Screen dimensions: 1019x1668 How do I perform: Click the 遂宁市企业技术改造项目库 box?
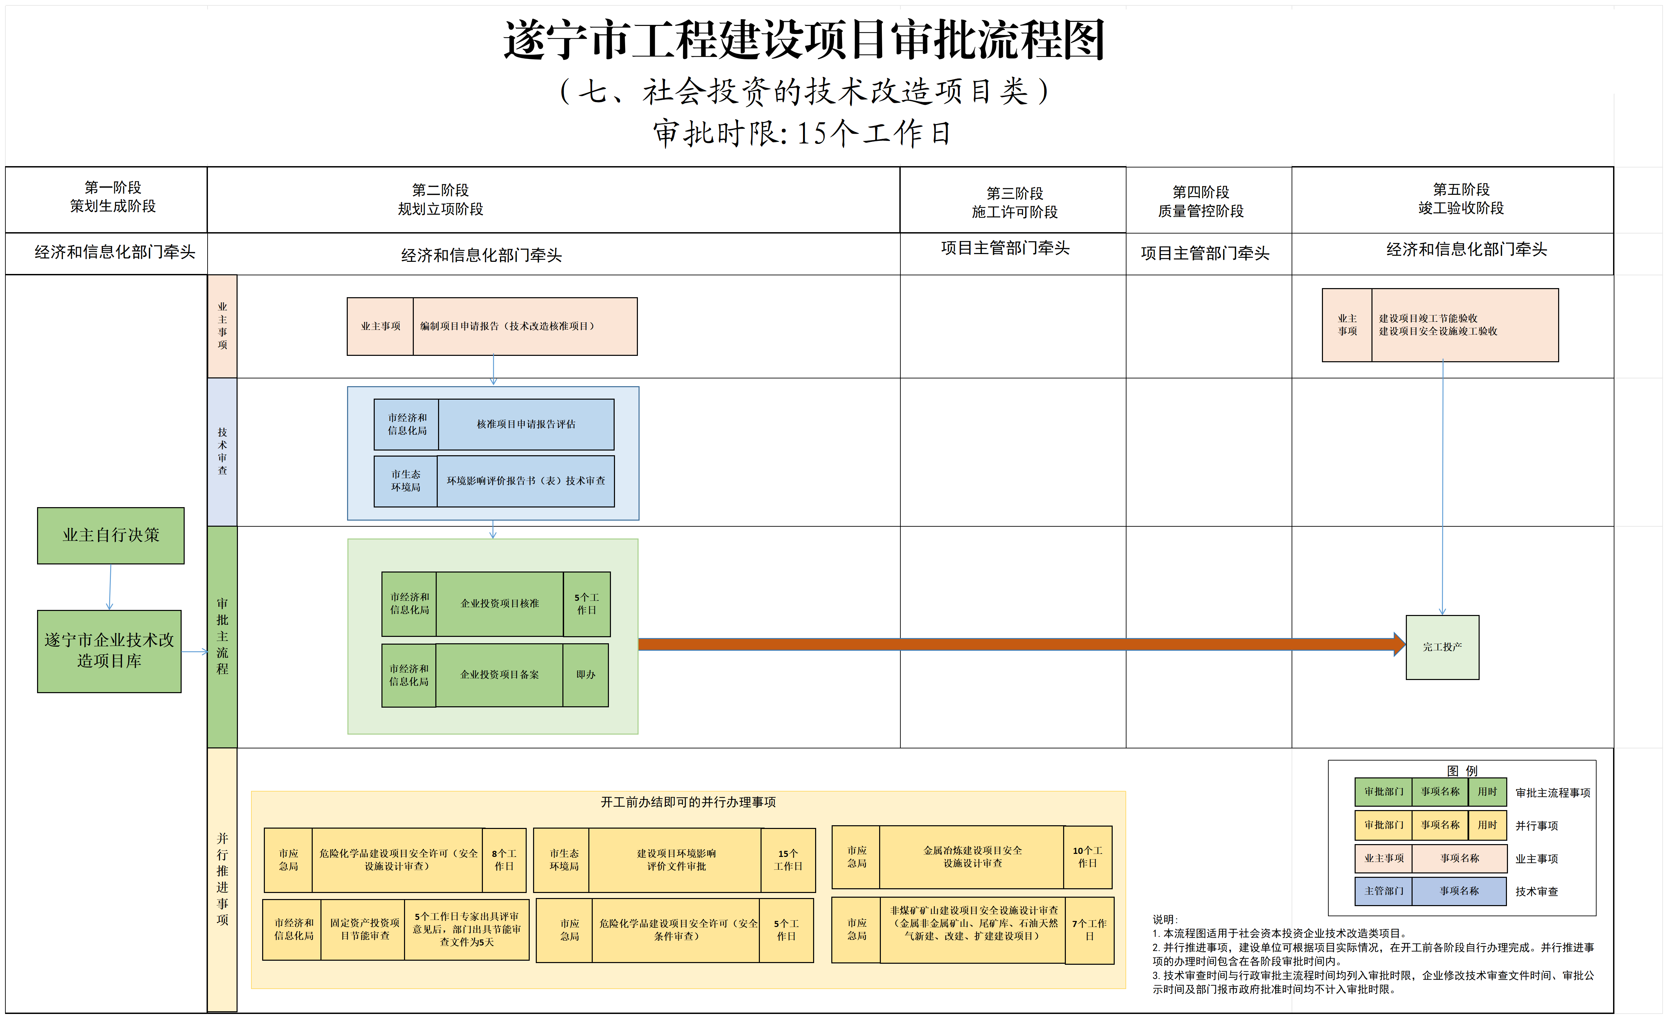[x=109, y=651]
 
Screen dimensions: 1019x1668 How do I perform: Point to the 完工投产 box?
[x=1442, y=647]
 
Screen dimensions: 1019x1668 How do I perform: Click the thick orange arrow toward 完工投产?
[x=1015, y=644]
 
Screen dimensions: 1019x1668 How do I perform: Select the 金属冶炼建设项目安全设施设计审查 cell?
[x=972, y=857]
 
